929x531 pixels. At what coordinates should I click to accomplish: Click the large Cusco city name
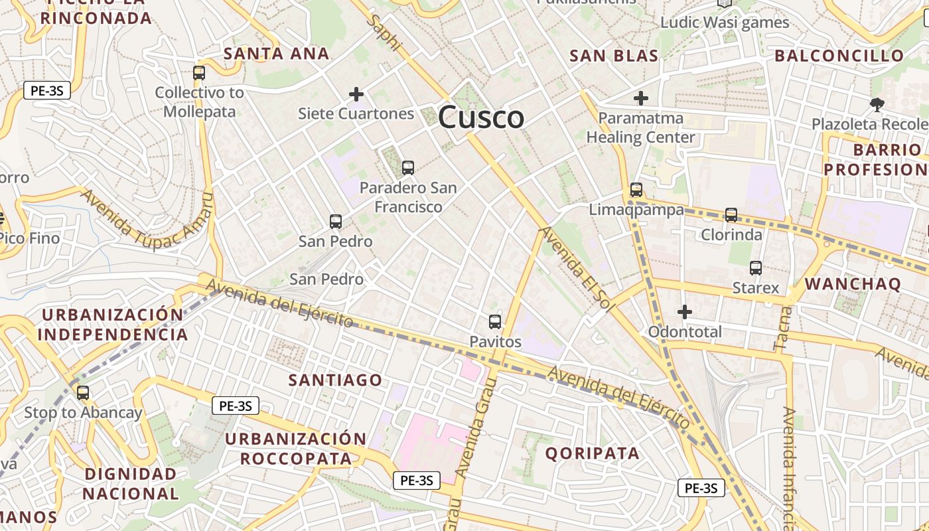point(481,118)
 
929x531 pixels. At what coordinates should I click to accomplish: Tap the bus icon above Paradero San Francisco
point(408,168)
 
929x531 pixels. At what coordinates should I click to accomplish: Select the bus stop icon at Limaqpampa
point(636,190)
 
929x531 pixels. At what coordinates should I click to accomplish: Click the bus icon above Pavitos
point(495,322)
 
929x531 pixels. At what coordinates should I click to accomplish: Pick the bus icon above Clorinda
point(731,214)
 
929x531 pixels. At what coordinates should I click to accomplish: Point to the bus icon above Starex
point(756,268)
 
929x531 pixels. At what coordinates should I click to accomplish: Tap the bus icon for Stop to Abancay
point(83,392)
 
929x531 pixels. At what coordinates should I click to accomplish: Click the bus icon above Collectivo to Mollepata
point(199,73)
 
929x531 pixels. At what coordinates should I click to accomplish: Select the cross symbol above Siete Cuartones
point(356,94)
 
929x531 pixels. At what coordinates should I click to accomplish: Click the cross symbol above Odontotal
point(685,311)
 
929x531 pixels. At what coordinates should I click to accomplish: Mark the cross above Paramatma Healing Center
point(640,99)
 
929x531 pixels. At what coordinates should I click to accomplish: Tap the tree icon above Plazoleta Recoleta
point(877,104)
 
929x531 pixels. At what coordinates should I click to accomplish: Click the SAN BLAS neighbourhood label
point(614,56)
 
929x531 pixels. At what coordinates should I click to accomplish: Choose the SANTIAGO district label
point(335,380)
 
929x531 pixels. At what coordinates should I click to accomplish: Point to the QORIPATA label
point(593,453)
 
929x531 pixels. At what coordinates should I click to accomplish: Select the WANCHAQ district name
point(853,285)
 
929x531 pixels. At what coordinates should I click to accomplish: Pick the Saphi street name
point(384,33)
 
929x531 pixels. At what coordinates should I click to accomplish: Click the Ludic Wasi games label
point(725,23)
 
